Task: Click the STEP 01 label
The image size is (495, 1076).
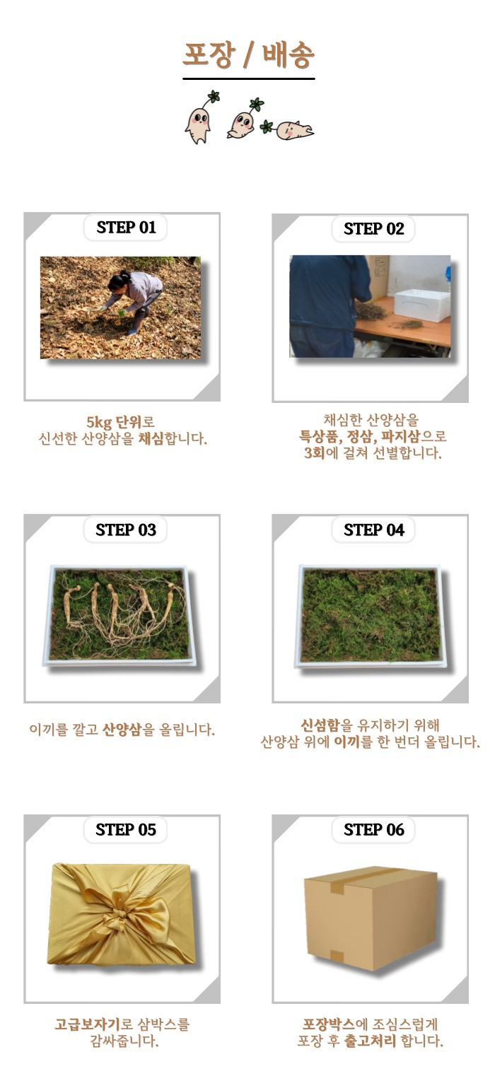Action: coord(126,227)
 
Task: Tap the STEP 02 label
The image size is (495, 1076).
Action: coord(374,228)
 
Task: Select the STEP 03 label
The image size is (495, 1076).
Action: coord(126,530)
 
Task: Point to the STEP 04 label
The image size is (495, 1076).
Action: coord(374,530)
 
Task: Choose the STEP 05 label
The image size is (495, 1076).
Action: coord(126,829)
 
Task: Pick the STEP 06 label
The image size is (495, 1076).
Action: coord(374,829)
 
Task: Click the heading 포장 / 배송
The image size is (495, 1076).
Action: coord(248,54)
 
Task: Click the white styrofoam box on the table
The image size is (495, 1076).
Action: coord(422,305)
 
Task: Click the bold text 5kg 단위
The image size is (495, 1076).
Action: coord(114,422)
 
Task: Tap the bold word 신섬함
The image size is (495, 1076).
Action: coord(320,725)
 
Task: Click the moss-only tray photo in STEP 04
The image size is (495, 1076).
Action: coord(371,616)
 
